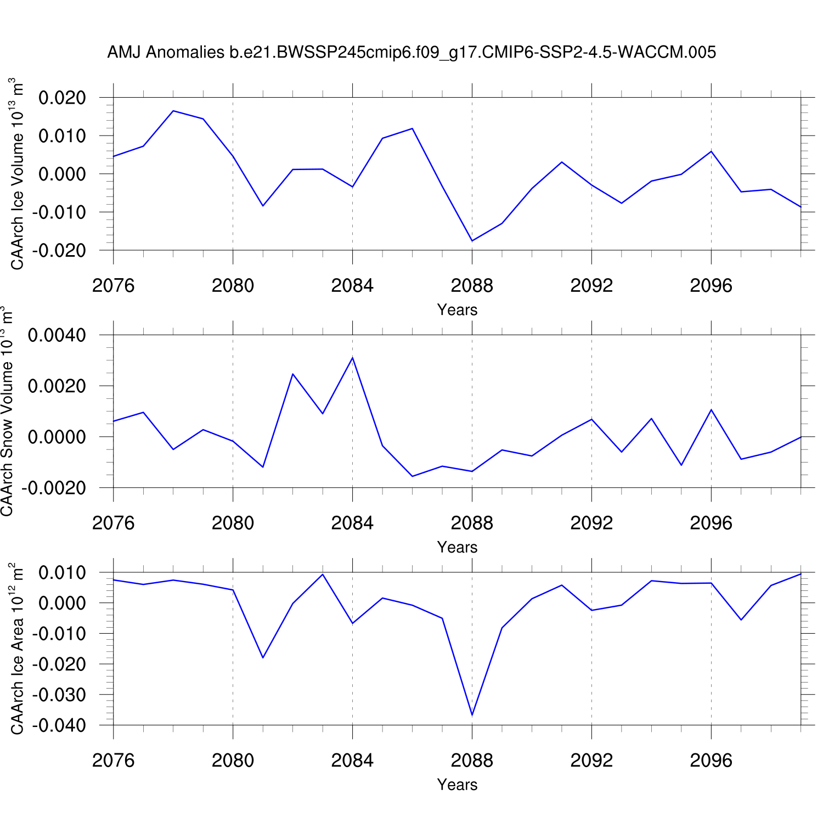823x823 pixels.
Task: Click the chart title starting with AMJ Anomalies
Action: (411, 52)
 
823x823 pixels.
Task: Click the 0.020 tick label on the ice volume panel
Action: (62, 98)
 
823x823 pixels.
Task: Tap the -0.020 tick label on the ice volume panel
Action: (59, 250)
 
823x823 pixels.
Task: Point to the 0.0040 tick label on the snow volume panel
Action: (57, 335)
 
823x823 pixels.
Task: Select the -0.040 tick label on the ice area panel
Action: (59, 725)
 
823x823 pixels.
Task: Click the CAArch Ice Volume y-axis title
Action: (17, 174)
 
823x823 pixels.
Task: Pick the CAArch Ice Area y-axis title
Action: (17, 649)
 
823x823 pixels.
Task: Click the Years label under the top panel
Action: (457, 310)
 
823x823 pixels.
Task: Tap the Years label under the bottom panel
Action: (457, 785)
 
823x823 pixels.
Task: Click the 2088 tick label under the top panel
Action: (472, 286)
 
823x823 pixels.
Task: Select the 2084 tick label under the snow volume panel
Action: (352, 523)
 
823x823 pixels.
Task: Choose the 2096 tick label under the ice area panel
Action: (711, 760)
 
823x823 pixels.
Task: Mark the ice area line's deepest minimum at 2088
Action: (472, 715)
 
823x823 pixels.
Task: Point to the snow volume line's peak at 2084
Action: (352, 358)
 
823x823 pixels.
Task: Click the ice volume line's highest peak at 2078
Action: (173, 111)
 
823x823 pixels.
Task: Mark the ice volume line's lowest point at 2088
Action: (472, 241)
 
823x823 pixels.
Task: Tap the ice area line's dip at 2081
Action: (263, 657)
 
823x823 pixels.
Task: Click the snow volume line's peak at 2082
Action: (293, 374)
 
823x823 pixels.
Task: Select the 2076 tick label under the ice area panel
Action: (114, 760)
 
